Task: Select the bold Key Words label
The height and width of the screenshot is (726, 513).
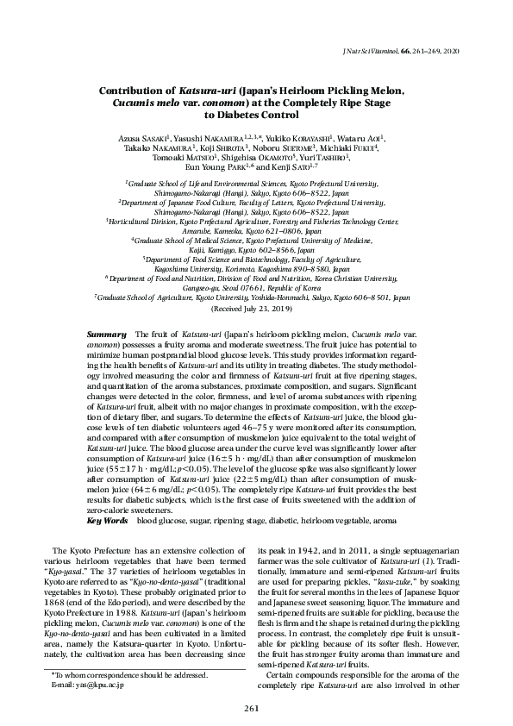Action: tap(107, 522)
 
